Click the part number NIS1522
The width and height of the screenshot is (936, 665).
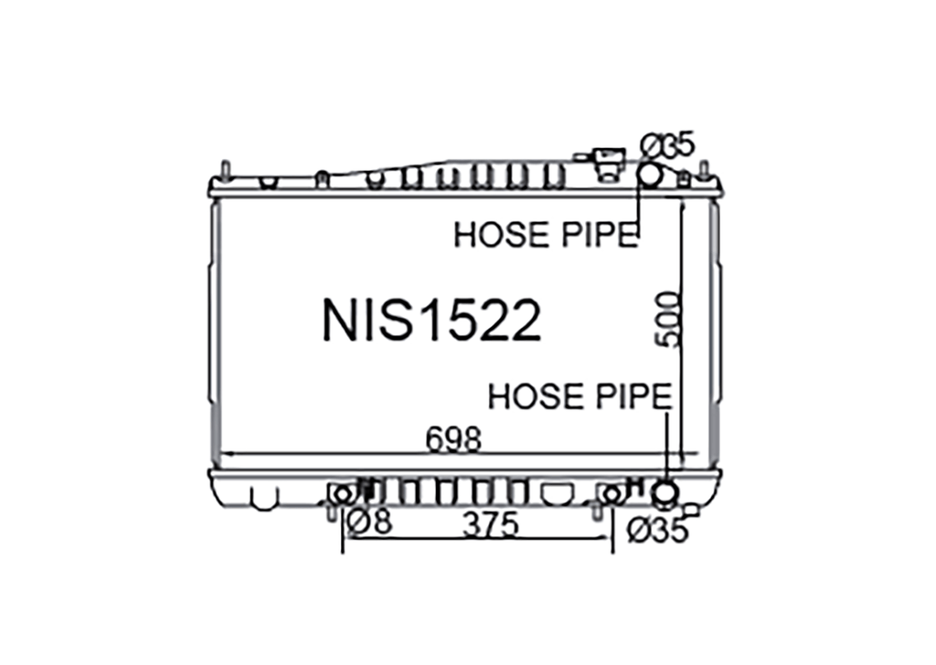coord(431,321)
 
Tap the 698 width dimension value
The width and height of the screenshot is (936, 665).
coord(453,440)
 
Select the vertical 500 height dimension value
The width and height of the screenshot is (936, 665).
coord(667,319)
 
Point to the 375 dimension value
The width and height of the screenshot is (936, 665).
coord(491,525)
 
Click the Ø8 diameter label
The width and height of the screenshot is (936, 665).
coord(369,522)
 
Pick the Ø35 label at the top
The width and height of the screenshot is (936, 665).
coord(666,146)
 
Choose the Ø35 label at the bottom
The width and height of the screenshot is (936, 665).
coord(657,530)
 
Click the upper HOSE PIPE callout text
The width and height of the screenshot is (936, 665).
coord(546,235)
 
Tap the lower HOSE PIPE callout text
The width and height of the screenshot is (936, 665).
coord(580,396)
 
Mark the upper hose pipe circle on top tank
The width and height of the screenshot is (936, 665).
coord(650,174)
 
